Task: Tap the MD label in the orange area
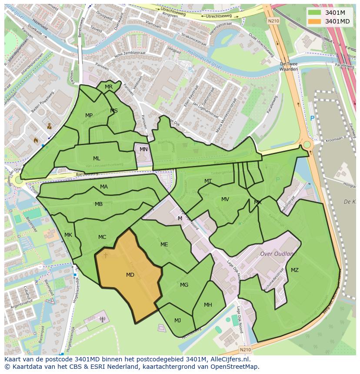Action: coord(130,275)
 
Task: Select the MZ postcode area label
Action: coord(295,270)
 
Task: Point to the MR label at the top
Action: coord(109,87)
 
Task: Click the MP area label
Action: coord(89,116)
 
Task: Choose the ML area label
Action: coord(97,159)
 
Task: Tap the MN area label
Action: coord(143,149)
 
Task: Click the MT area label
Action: coord(208,181)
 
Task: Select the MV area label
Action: coord(225,199)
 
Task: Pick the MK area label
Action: coord(68,235)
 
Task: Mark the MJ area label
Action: coord(177,321)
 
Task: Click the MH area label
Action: coord(208,305)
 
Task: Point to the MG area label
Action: coord(184,285)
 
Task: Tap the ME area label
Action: coord(164,245)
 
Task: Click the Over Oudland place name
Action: coord(277,254)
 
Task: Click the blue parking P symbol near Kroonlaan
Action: coord(312,118)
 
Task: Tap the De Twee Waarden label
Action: coord(289,66)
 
